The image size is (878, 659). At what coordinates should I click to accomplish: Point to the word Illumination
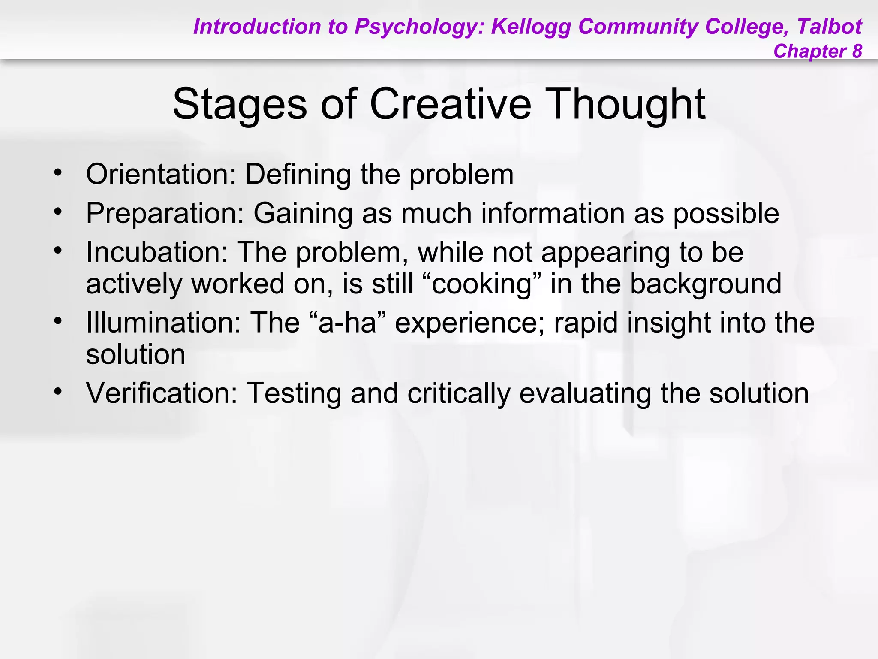[x=163, y=322]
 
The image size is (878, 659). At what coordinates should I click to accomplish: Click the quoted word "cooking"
[x=482, y=284]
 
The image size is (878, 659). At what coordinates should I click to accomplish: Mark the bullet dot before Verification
[x=58, y=391]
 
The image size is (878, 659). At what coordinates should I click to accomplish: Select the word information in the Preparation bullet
[x=553, y=213]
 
